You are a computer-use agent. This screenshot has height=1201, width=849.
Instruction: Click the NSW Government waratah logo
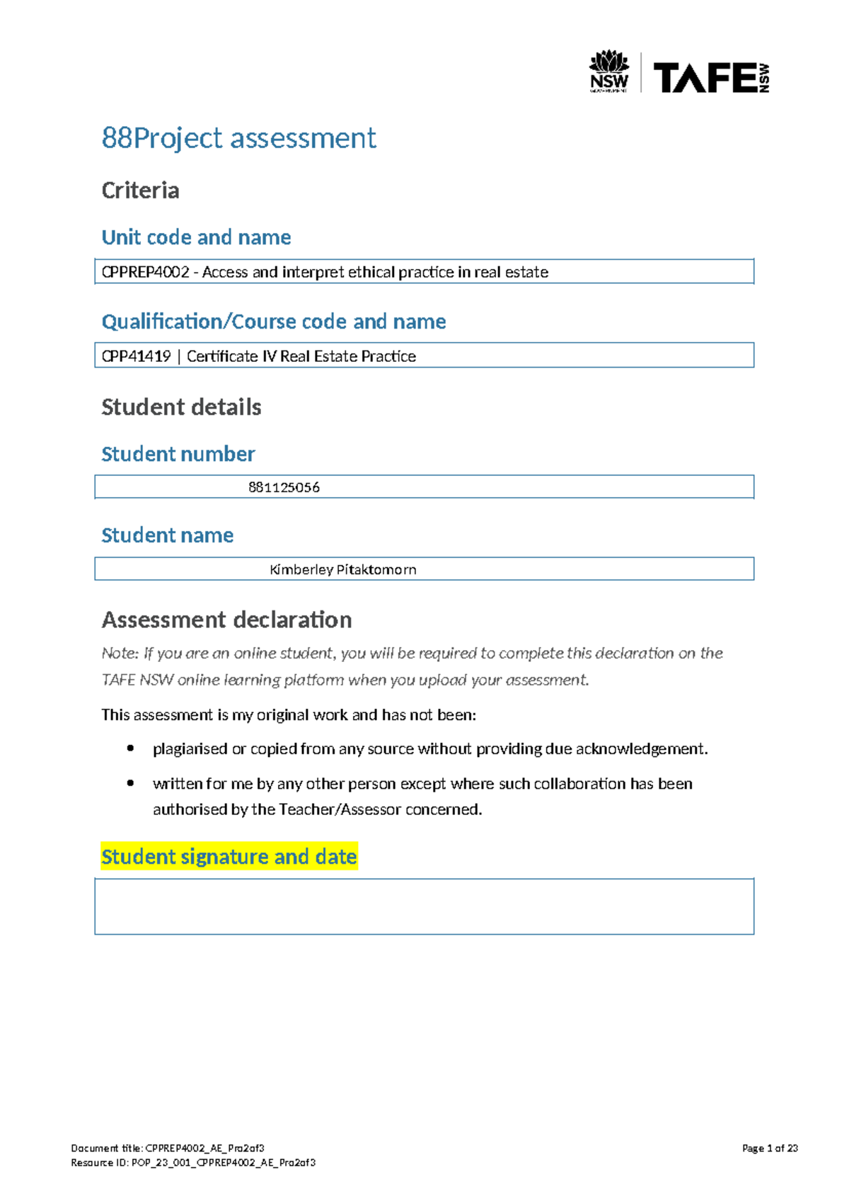[x=609, y=71]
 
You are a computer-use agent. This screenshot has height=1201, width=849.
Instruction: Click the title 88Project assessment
[x=238, y=137]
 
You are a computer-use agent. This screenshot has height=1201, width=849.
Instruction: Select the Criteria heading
[x=140, y=190]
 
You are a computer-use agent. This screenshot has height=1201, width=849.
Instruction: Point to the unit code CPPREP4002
[x=146, y=272]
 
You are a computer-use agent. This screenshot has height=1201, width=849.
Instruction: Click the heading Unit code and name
[x=196, y=237]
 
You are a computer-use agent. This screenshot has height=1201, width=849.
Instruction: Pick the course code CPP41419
[x=137, y=356]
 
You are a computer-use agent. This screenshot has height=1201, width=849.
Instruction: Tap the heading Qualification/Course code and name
[x=274, y=321]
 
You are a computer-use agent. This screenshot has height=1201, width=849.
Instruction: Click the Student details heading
[x=181, y=407]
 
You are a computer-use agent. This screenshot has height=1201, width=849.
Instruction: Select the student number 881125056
[x=284, y=487]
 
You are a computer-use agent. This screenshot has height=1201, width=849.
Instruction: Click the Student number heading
[x=178, y=454]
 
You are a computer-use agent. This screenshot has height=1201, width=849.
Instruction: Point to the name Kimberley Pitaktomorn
[x=343, y=569]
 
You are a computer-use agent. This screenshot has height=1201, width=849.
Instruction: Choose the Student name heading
[x=167, y=535]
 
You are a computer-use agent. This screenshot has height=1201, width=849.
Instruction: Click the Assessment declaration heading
[x=226, y=620]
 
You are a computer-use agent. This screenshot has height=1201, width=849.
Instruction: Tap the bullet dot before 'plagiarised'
[x=130, y=749]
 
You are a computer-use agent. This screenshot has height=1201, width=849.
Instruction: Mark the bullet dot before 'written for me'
[x=130, y=783]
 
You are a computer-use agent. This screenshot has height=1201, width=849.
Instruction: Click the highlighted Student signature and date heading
[x=229, y=857]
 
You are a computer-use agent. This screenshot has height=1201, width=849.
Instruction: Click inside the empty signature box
[x=424, y=906]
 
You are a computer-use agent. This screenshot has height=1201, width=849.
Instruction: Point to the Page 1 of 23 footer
[x=770, y=1149]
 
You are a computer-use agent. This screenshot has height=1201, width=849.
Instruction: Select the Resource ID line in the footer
[x=193, y=1163]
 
